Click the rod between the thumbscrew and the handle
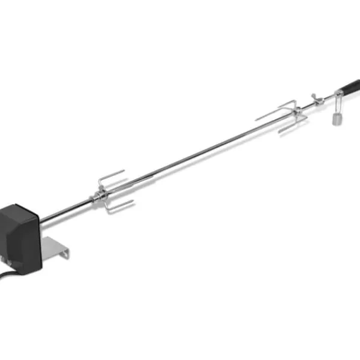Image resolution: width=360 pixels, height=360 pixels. click(x=324, y=98)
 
